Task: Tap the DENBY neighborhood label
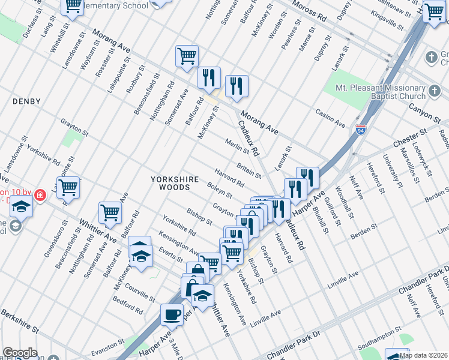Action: click(26, 102)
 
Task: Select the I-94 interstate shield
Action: click(360, 130)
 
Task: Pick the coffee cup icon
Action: click(172, 314)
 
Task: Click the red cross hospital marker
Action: click(40, 196)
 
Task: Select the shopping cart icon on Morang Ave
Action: click(187, 56)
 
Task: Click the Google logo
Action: click(20, 353)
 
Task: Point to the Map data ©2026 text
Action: click(423, 355)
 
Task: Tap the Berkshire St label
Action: click(19, 322)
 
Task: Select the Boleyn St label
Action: click(219, 190)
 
